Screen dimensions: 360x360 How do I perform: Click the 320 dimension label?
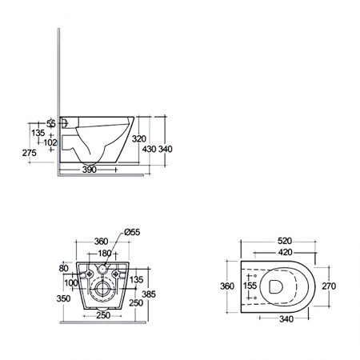[x=139, y=138]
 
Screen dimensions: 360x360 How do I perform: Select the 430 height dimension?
[x=149, y=149]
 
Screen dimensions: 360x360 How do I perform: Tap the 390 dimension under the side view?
[x=89, y=170]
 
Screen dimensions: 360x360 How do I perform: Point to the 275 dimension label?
[x=29, y=153]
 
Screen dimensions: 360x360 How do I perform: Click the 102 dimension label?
[x=50, y=142]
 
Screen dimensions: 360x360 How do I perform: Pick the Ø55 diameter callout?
[x=132, y=232]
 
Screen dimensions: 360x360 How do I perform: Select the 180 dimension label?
[x=104, y=254]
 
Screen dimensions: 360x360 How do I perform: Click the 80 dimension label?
[x=63, y=268]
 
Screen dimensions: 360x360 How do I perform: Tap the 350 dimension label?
[x=63, y=298]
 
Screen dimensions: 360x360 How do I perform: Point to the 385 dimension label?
[x=149, y=294]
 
